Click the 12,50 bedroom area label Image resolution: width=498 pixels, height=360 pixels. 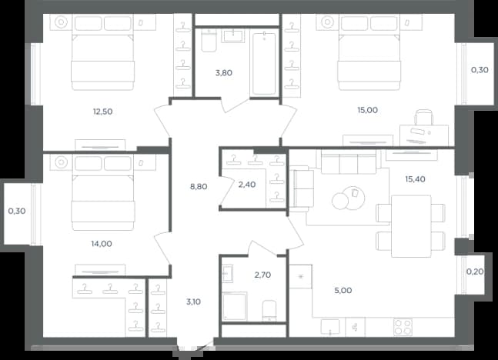(102, 112)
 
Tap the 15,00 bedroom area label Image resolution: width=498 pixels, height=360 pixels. (367, 110)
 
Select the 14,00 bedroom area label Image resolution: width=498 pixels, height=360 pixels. (102, 244)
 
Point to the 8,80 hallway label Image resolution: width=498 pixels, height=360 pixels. (199, 187)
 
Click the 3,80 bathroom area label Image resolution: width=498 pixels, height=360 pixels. (224, 73)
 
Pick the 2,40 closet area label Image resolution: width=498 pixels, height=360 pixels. (247, 185)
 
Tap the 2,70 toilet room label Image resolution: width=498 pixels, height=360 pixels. (262, 275)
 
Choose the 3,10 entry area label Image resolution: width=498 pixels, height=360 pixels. (193, 302)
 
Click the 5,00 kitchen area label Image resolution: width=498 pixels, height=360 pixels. (343, 290)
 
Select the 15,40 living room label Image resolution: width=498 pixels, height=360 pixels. (415, 179)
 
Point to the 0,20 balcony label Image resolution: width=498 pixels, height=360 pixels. (475, 272)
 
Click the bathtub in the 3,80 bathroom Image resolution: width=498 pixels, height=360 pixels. (264, 64)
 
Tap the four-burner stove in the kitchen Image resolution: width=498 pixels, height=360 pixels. (403, 327)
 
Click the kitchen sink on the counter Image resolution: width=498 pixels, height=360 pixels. (330, 327)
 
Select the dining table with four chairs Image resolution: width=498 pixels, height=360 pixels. (411, 226)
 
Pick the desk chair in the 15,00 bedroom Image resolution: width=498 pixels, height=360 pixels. (423, 117)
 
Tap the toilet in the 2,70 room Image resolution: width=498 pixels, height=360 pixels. (269, 311)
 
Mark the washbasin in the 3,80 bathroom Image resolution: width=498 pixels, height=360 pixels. (234, 35)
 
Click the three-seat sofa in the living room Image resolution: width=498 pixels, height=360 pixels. (349, 162)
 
